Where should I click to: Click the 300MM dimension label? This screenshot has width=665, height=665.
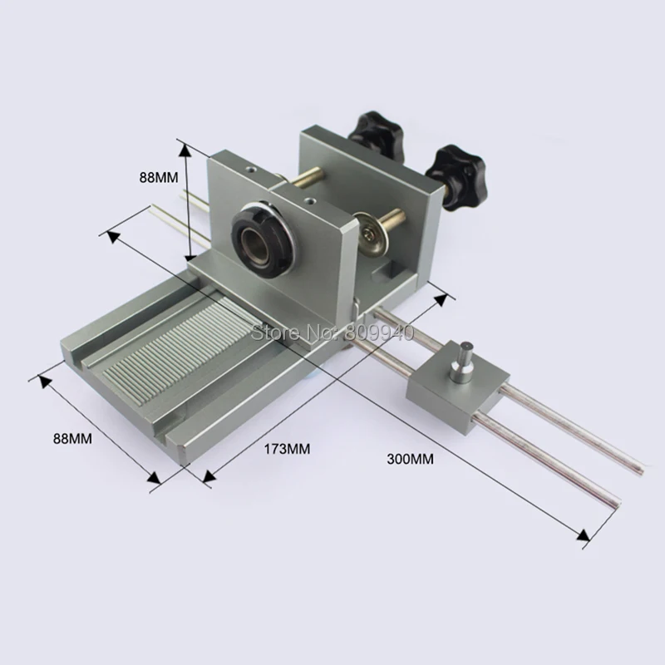(x=410, y=459)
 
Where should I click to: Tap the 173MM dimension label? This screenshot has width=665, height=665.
(x=287, y=449)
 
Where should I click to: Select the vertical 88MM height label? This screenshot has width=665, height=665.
(x=159, y=177)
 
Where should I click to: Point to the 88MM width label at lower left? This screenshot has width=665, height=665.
(x=72, y=438)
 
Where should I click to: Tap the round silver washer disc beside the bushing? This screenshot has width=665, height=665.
(x=370, y=234)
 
